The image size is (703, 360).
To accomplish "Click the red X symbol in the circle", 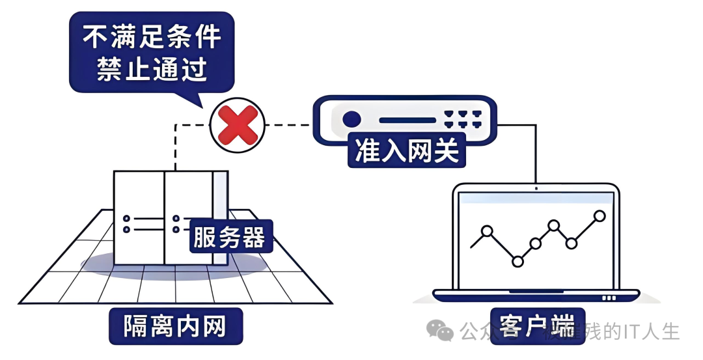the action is coord(238,125).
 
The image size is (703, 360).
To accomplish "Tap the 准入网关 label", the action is coord(407,151).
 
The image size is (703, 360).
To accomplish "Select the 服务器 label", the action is coord(230,237).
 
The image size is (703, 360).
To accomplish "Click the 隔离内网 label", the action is coord(175,326).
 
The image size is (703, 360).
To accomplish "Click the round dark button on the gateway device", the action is coord(351,119).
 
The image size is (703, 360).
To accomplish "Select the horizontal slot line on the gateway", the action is coord(406,120).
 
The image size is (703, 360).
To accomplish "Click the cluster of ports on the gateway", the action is coord(462,118).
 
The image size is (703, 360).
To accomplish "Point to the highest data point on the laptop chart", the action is coord(600,215).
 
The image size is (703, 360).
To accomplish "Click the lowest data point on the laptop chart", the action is coord(517,261).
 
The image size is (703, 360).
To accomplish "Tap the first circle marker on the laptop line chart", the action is coord(486,230).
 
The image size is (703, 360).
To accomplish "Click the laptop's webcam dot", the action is coord(536,188).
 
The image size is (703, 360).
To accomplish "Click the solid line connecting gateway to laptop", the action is coord(535,156).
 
